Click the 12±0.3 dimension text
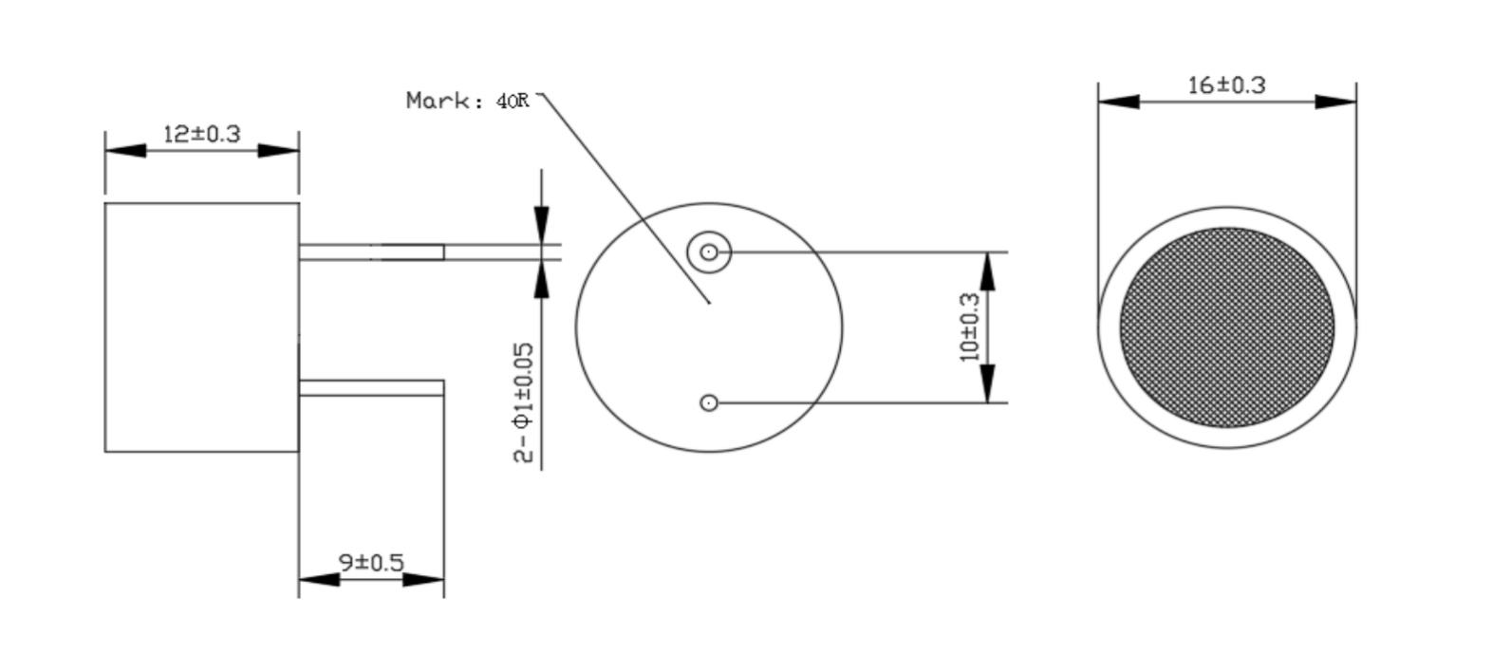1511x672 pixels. click(202, 134)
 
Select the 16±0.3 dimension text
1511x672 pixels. click(1226, 85)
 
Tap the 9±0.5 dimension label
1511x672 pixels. click(371, 562)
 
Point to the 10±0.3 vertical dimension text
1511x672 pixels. click(969, 327)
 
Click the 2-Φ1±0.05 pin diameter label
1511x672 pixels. click(524, 403)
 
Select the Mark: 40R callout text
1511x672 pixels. click(468, 101)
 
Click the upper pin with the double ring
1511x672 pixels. click(709, 252)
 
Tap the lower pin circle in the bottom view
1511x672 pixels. click(709, 403)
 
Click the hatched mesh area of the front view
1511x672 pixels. click(1227, 327)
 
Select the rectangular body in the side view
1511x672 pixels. click(202, 327)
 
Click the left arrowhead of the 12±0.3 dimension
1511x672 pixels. click(125, 151)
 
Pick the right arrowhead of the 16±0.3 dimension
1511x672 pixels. click(1335, 102)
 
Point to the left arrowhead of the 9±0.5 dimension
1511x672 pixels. click(319, 579)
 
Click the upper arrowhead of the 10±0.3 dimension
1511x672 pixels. click(987, 271)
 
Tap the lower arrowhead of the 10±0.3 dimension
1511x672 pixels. click(987, 383)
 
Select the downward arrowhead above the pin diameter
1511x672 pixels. click(542, 225)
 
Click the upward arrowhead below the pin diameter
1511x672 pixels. click(542, 279)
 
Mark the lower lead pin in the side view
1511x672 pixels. click(372, 388)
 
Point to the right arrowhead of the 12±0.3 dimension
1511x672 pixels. click(279, 151)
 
